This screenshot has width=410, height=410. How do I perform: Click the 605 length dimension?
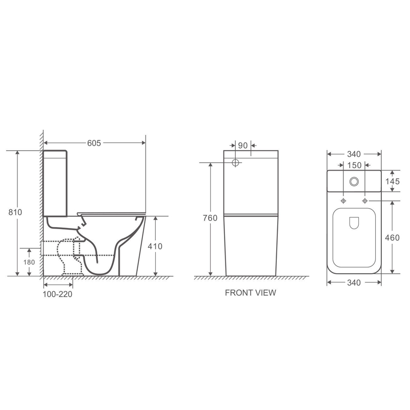[x=94, y=143]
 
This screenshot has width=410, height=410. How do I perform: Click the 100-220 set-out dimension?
[x=57, y=294]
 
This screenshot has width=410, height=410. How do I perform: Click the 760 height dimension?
[x=211, y=218]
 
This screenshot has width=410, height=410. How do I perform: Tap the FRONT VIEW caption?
[x=251, y=293]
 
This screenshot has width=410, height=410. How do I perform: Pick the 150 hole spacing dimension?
[x=354, y=165]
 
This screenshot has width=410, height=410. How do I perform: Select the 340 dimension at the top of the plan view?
[x=354, y=154]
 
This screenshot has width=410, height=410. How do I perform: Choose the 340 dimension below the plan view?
[x=354, y=282]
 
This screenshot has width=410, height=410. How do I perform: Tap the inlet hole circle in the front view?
[x=236, y=163]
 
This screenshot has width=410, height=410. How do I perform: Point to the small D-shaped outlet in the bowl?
[x=354, y=221]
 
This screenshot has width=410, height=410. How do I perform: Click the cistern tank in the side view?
[x=55, y=182]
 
